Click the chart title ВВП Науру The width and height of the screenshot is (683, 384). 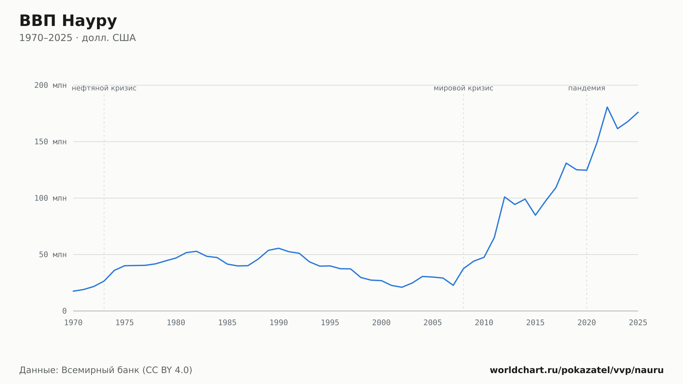pyautogui.click(x=68, y=21)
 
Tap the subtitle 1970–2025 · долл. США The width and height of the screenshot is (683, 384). pyautogui.click(x=78, y=38)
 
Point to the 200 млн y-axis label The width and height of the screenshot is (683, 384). pyautogui.click(x=51, y=85)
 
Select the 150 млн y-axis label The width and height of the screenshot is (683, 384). pyautogui.click(x=51, y=142)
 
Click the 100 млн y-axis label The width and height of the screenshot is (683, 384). pyautogui.click(x=51, y=198)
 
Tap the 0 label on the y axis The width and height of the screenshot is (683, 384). pyautogui.click(x=65, y=311)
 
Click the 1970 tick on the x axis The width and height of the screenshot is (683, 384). pyautogui.click(x=73, y=323)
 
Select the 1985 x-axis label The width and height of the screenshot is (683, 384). pyautogui.click(x=227, y=323)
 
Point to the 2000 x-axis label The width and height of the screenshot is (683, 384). pyautogui.click(x=381, y=323)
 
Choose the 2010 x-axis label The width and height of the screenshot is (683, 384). pyautogui.click(x=484, y=323)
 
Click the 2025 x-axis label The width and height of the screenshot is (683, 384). pyautogui.click(x=638, y=323)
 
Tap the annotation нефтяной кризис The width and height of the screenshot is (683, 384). pyautogui.click(x=104, y=88)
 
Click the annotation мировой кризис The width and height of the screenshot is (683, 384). pyautogui.click(x=463, y=88)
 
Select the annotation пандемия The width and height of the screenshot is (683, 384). pyautogui.click(x=587, y=88)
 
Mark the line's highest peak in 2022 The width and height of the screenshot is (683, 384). pyautogui.click(x=607, y=107)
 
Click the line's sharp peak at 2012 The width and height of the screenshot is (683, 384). pyautogui.click(x=504, y=197)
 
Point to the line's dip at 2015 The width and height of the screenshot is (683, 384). pyautogui.click(x=535, y=215)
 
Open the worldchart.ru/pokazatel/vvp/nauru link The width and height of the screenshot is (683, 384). pyautogui.click(x=577, y=370)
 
